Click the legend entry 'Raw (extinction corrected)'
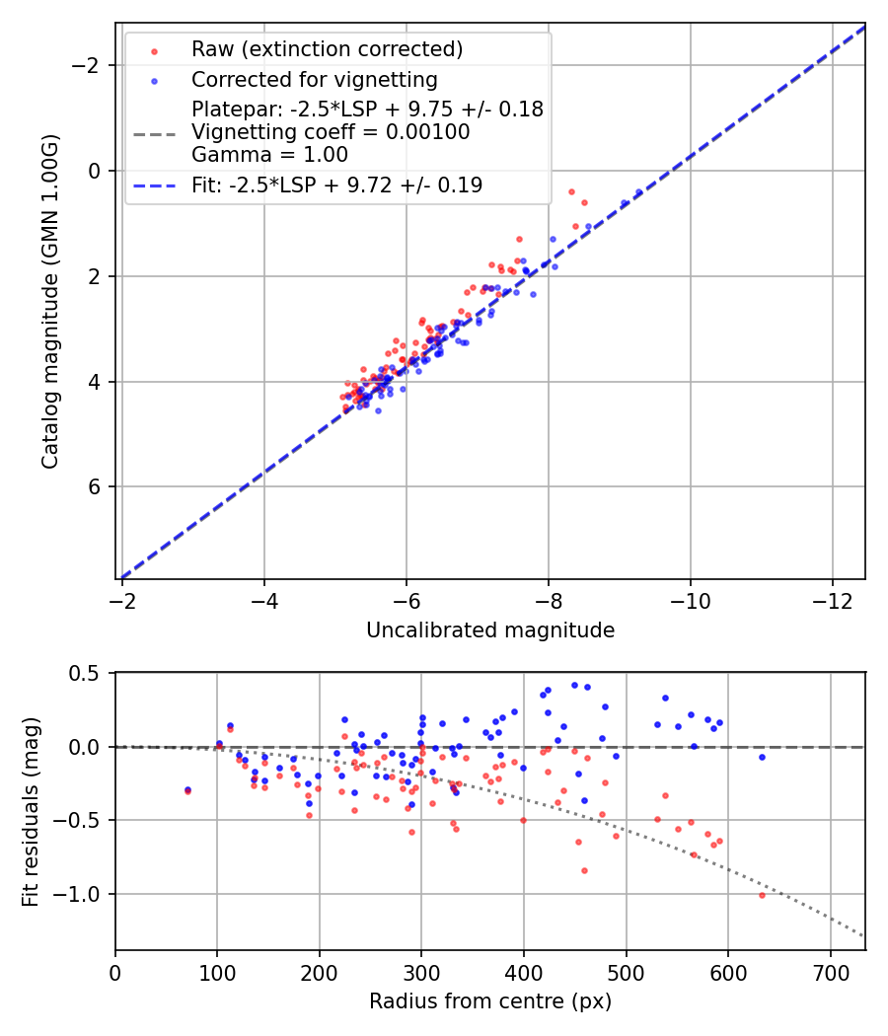point(327,49)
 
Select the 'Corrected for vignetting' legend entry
point(314,79)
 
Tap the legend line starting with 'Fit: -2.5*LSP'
point(336,185)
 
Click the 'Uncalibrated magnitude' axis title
point(490,630)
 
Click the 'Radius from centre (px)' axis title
point(490,1001)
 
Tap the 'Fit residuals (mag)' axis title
point(30,811)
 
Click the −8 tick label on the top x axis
point(548,600)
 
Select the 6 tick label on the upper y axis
point(96,487)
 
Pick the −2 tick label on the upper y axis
point(90,66)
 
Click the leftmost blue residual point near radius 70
point(187,789)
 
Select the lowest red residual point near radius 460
point(584,870)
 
